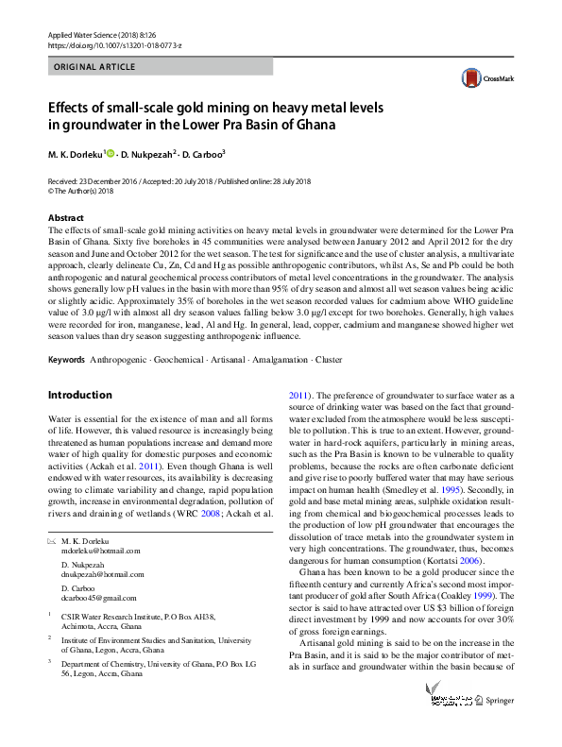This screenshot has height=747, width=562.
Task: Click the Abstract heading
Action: pos(66,217)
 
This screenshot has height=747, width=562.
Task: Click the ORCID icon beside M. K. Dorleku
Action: pos(110,153)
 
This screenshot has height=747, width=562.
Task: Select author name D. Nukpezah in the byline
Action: pos(147,153)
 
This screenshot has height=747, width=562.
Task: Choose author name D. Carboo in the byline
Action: pos(205,153)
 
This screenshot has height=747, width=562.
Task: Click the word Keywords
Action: pos(66,361)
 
